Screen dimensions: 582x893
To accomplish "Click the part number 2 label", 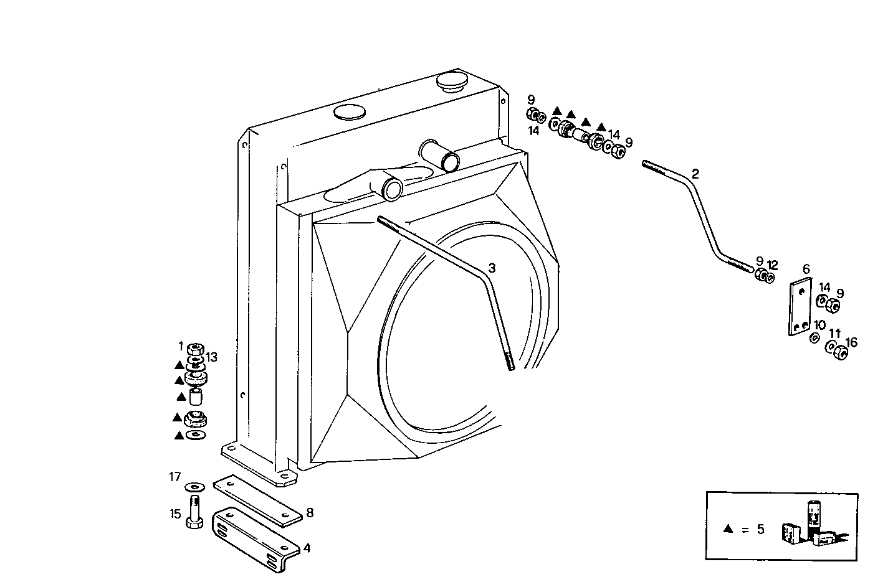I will (x=695, y=174).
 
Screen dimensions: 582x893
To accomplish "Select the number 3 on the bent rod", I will (x=492, y=268).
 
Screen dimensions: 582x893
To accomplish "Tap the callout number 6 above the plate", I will (x=806, y=269).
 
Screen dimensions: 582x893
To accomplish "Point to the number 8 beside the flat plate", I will (x=310, y=513).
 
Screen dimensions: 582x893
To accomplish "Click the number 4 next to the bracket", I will (x=307, y=548).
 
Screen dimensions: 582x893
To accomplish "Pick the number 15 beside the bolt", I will (x=175, y=514).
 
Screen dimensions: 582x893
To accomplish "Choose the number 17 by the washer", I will (x=174, y=477).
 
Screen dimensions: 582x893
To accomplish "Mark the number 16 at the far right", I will (x=851, y=342).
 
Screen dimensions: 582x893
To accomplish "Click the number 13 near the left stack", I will (x=212, y=357).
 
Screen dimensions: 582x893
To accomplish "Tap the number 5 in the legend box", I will (x=760, y=530).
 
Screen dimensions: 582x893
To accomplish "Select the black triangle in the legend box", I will (x=727, y=529).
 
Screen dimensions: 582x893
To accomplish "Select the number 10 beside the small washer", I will (x=819, y=325).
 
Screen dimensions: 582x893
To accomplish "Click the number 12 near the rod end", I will (x=773, y=265).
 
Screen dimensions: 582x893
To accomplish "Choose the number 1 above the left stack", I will (x=181, y=345).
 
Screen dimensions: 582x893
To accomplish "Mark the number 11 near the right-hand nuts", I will (x=835, y=334).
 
